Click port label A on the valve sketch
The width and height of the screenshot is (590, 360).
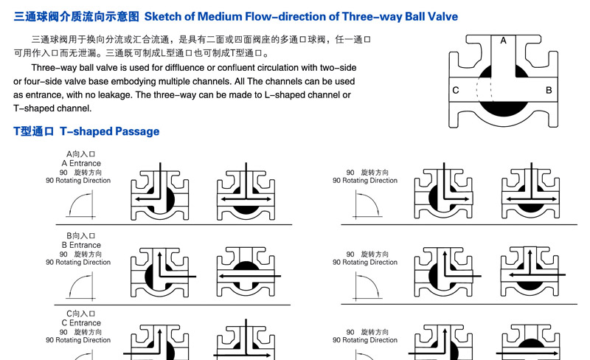pyautogui.click(x=503, y=41)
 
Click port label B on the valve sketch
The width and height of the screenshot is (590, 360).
pyautogui.click(x=549, y=91)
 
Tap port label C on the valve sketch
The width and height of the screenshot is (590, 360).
pyautogui.click(x=456, y=91)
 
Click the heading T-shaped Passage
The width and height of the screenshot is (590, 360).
pyautogui.click(x=109, y=131)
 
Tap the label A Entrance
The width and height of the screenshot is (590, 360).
pyautogui.click(x=81, y=164)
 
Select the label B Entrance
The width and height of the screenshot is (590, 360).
pyautogui.click(x=81, y=245)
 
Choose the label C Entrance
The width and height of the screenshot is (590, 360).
pyautogui.click(x=81, y=323)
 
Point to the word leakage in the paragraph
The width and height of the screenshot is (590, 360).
pyautogui.click(x=114, y=95)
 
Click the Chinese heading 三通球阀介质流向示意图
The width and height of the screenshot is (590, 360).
pyautogui.click(x=77, y=16)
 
